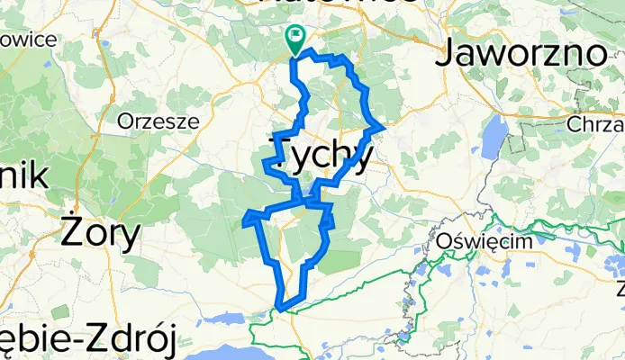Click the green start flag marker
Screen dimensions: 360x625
point(294,38)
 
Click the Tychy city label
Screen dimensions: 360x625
point(321,154)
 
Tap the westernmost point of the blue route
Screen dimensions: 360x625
point(244,219)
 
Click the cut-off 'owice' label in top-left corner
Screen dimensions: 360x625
point(29,40)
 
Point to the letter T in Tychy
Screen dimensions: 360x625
point(280,154)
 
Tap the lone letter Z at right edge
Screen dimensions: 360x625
point(620,288)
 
